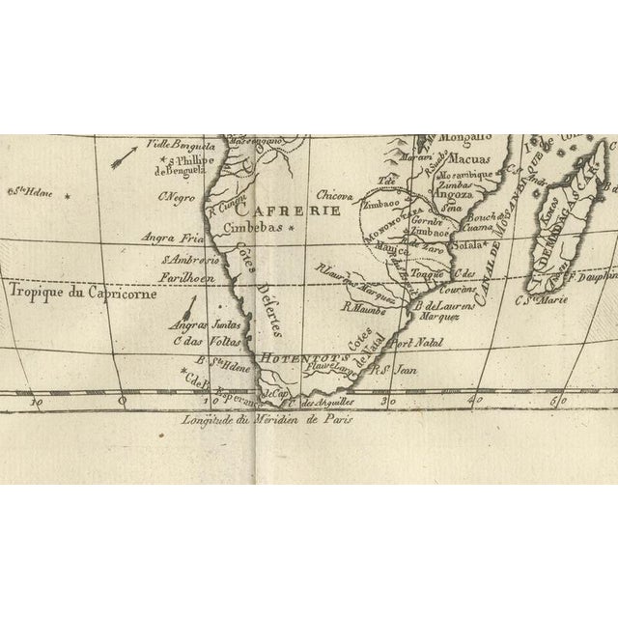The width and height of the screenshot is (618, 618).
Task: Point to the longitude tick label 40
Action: [x=476, y=400]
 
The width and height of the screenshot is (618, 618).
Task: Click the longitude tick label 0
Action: [x=122, y=400]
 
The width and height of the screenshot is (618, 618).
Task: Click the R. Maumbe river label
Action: [x=363, y=309]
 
